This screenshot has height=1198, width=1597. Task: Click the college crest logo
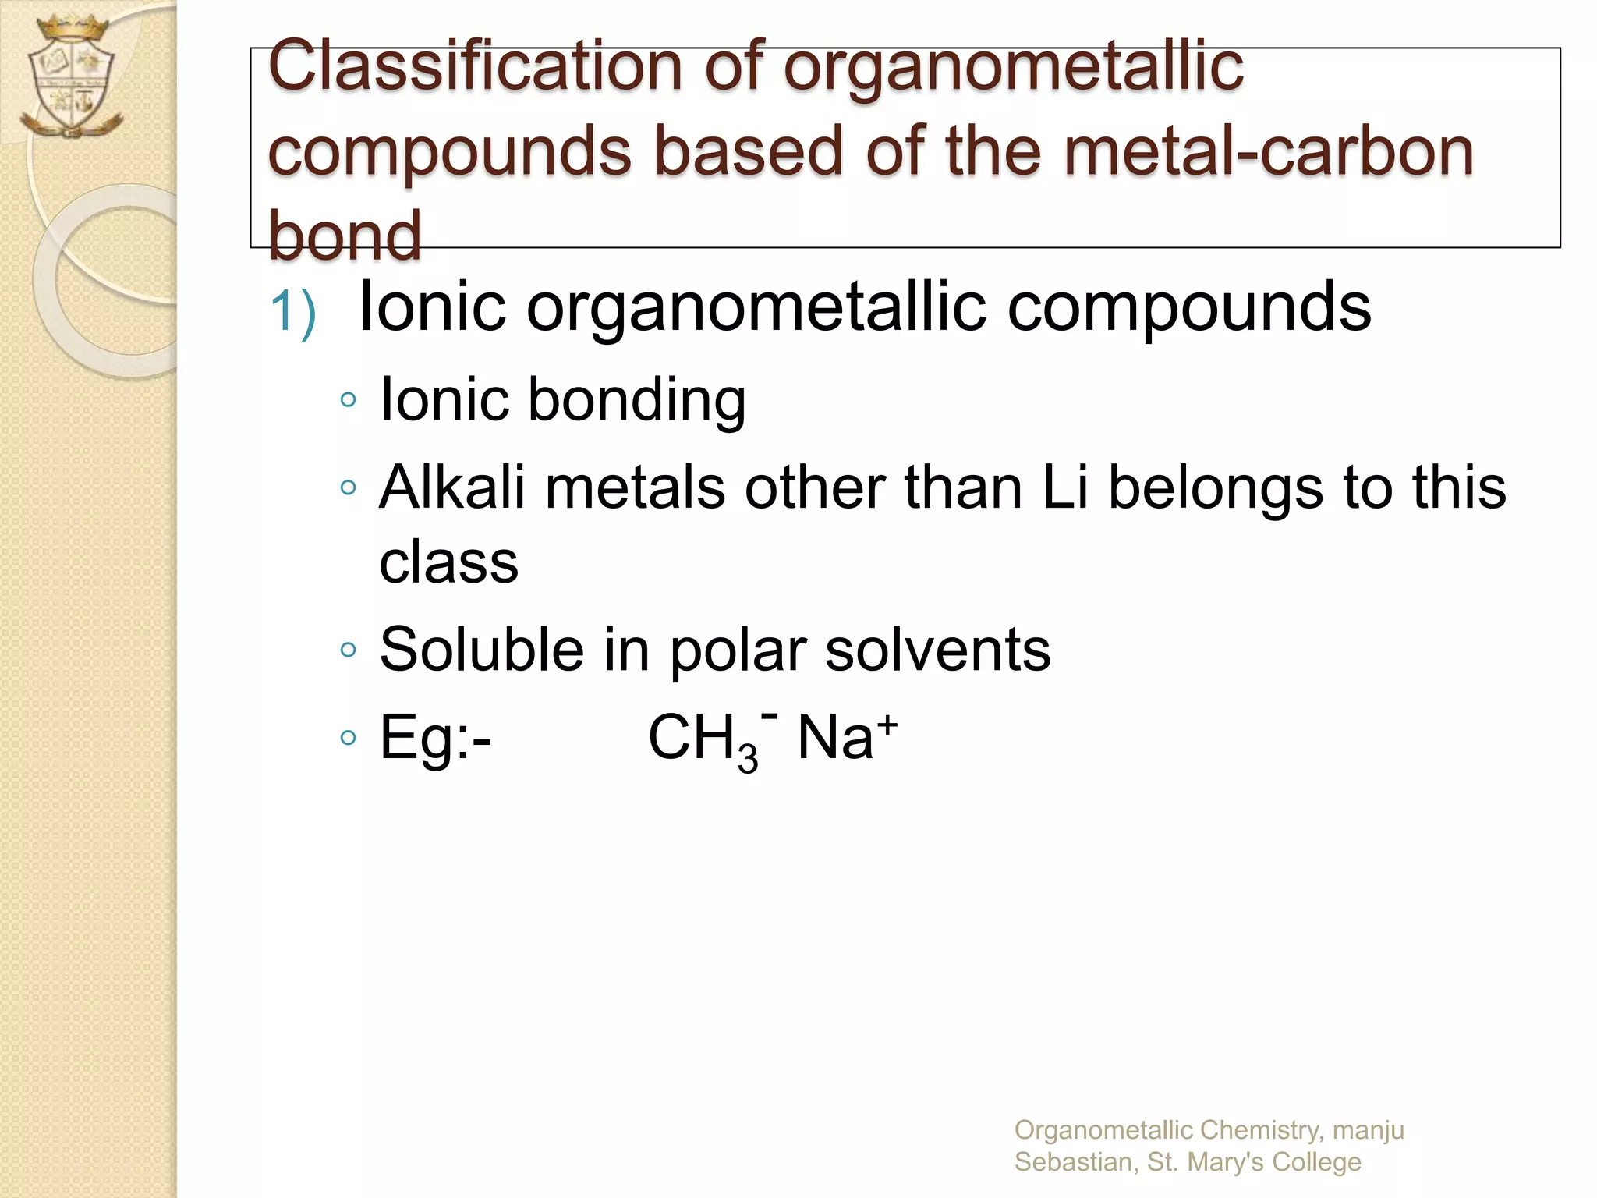pyautogui.click(x=72, y=78)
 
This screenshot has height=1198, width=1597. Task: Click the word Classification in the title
pyautogui.click(x=475, y=67)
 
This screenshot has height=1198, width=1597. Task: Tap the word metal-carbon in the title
pyautogui.click(x=1269, y=151)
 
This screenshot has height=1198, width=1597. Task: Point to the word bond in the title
pyautogui.click(x=345, y=235)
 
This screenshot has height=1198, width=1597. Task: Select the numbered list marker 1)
pyautogui.click(x=293, y=312)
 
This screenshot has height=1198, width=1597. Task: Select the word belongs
pyautogui.click(x=1216, y=487)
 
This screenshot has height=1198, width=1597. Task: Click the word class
pyautogui.click(x=448, y=562)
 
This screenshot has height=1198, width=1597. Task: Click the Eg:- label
pyautogui.click(x=435, y=738)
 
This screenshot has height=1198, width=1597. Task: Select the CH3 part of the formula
pyautogui.click(x=702, y=739)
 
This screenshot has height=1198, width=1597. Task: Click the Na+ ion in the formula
pyautogui.click(x=847, y=736)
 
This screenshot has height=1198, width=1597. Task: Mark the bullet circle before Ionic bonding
pyautogui.click(x=349, y=400)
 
